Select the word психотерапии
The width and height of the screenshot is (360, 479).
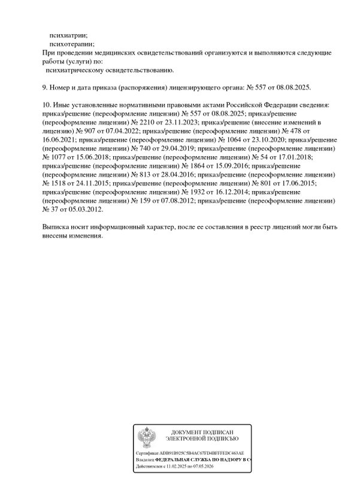[72, 44]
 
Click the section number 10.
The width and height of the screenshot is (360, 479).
[47, 105]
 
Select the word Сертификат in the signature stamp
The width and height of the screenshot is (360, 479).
[146, 453]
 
